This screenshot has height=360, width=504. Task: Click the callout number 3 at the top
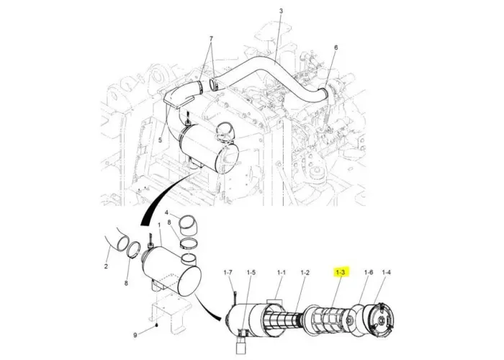tap(281, 11)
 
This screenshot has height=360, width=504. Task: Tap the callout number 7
tap(211, 39)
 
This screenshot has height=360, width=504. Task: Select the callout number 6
tap(336, 48)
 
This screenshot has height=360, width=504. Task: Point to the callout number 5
tap(160, 140)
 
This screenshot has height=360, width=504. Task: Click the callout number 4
tap(166, 212)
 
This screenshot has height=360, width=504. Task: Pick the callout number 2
tap(106, 266)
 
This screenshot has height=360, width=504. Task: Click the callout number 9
tap(135, 336)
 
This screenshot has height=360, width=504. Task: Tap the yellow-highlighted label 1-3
tap(341, 273)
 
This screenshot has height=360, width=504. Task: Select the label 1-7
tap(228, 273)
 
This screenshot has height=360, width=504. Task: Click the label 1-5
tap(251, 273)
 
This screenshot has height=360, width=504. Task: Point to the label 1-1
tap(282, 273)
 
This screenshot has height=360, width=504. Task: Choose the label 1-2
tap(305, 273)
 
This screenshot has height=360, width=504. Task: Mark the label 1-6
tap(369, 272)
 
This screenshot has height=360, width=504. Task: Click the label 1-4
tap(387, 272)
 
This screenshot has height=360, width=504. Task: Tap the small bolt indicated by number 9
tap(156, 325)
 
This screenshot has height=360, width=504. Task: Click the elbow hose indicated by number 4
tap(188, 227)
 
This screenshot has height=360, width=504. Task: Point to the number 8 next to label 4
tap(168, 222)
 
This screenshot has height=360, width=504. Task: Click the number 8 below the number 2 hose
tap(126, 283)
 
